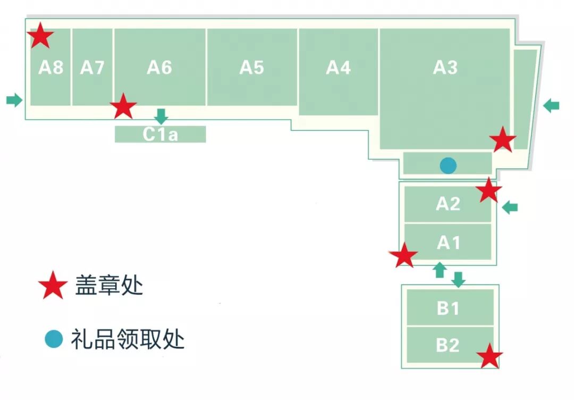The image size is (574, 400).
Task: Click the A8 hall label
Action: (x=51, y=68)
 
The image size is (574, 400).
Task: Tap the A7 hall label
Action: (x=92, y=68)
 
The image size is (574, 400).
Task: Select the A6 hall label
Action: (x=159, y=68)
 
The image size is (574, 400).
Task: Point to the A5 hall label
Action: (x=251, y=68)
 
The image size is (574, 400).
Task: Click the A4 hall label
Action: (x=339, y=68)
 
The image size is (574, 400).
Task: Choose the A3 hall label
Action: (x=445, y=68)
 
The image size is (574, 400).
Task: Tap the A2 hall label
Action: (x=448, y=204)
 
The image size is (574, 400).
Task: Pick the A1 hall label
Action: (x=448, y=243)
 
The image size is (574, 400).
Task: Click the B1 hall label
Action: (x=448, y=308)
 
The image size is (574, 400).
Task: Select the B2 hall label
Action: (x=448, y=345)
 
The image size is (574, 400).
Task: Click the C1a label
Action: (x=160, y=135)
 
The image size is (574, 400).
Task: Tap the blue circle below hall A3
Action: (x=448, y=165)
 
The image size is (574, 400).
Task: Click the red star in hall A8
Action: (x=40, y=37)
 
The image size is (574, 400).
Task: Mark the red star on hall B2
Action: (x=489, y=356)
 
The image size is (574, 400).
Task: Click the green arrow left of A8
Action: (x=15, y=99)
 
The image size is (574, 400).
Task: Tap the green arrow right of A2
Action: (x=510, y=207)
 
